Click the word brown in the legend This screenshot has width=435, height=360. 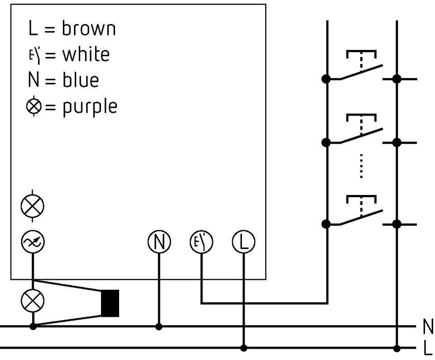click(88, 28)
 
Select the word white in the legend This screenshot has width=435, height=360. click(86, 54)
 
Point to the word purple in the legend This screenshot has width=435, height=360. click(90, 107)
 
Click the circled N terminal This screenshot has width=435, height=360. click(159, 242)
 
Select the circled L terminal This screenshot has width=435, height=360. click(244, 242)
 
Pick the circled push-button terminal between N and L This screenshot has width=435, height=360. click(201, 242)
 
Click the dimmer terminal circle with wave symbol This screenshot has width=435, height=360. click(33, 242)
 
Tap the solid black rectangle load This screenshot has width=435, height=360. click(110, 303)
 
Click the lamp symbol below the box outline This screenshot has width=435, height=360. click(33, 301)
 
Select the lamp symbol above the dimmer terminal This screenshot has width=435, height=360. click(33, 206)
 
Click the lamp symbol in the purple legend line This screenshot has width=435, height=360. click(34, 106)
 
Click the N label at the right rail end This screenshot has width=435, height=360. click(428, 326)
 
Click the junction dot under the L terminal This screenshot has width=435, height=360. click(244, 348)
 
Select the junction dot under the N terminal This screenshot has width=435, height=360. click(159, 326)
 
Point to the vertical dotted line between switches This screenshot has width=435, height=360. click(361, 165)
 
